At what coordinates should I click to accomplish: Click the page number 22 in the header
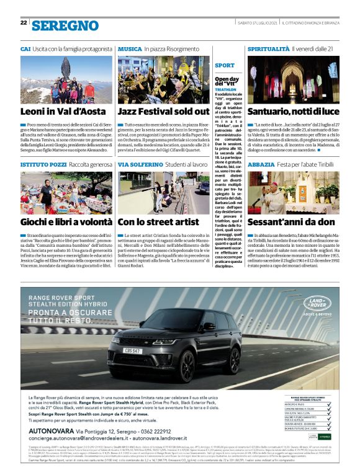(24, 22)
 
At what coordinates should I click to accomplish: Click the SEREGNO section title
(65, 25)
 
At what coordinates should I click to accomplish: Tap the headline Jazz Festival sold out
(163, 112)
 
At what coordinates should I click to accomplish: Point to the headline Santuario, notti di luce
(292, 112)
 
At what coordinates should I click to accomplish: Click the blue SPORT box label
(225, 65)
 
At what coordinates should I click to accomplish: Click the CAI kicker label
(25, 48)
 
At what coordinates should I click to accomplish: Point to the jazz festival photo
(163, 79)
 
